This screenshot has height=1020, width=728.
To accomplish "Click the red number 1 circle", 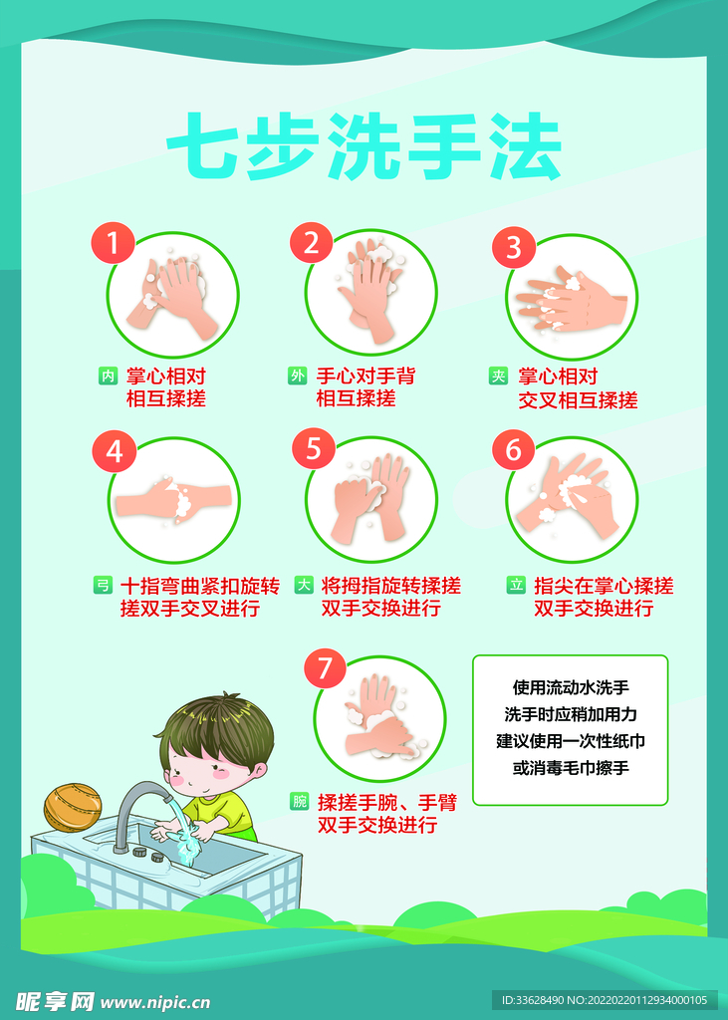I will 113,242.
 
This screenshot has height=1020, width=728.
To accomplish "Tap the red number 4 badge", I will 114,451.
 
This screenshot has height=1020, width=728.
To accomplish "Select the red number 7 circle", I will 325,666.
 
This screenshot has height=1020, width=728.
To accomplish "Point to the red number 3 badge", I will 513,246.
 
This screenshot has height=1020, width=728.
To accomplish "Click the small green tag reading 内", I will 108,376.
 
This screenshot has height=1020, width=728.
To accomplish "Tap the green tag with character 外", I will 297,376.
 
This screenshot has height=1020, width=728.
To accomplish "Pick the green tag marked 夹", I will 498,376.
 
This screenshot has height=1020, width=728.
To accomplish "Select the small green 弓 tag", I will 103,586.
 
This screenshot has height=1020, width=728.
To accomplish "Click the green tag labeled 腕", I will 299,801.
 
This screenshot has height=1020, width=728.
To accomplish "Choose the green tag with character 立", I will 516,586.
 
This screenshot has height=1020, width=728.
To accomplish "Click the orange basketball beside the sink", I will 73,807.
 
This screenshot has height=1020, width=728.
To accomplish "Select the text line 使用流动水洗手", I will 570,687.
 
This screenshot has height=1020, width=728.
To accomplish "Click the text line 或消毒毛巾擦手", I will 570,768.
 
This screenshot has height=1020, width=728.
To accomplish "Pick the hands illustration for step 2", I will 370,289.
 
